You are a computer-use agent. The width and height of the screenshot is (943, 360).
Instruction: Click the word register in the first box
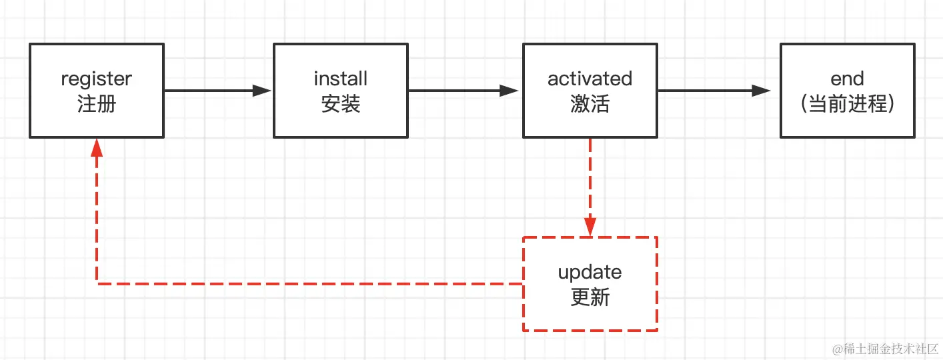pos(97,79)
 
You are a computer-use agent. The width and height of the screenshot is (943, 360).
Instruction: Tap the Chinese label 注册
pos(97,104)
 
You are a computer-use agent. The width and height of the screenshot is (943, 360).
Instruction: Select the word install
pos(340,79)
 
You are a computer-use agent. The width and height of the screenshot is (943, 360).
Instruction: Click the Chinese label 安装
pos(340,104)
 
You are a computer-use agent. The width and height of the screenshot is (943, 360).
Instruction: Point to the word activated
pos(590,79)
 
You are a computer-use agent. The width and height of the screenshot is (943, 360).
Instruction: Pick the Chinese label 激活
pos(590,104)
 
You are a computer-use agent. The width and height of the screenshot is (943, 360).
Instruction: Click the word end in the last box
pos(847,79)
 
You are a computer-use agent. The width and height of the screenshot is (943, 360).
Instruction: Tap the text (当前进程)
pos(847,104)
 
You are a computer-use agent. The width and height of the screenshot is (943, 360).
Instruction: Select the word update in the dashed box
pos(590,272)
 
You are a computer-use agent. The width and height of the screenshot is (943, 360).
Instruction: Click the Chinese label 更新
pos(590,297)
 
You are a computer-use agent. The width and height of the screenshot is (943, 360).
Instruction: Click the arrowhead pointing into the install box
pos(263,91)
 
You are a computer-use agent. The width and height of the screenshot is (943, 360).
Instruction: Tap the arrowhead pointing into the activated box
pos(510,91)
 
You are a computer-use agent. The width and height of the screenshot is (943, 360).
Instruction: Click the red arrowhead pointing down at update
pos(590,225)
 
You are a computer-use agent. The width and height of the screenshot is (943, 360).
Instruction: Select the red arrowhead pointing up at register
pos(97,148)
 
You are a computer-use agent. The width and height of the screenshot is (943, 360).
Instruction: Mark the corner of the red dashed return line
pos(97,283)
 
